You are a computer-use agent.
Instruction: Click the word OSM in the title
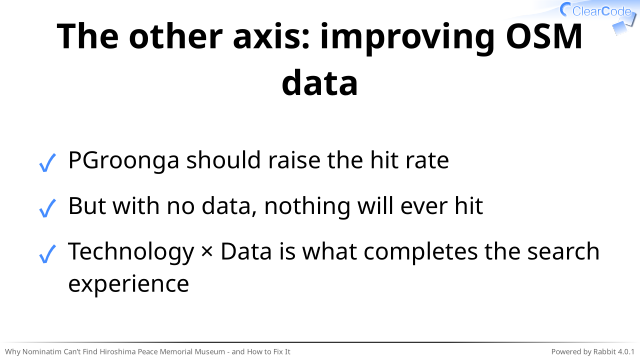tap(544, 36)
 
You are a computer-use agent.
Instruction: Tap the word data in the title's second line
tap(320, 83)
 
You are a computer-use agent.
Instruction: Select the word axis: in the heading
tap(271, 36)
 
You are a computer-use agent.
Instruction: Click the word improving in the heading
tap(407, 39)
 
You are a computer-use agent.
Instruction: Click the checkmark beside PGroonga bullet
tap(47, 163)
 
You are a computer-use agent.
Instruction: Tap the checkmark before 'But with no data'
tap(47, 208)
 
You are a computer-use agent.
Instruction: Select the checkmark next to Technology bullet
tap(47, 254)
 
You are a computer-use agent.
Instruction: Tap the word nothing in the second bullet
tap(307, 207)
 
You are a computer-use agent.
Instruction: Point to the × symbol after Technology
tap(207, 252)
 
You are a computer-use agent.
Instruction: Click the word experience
tap(129, 285)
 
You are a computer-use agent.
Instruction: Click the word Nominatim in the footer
tap(40, 351)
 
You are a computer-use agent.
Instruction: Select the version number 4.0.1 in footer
tap(626, 351)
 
